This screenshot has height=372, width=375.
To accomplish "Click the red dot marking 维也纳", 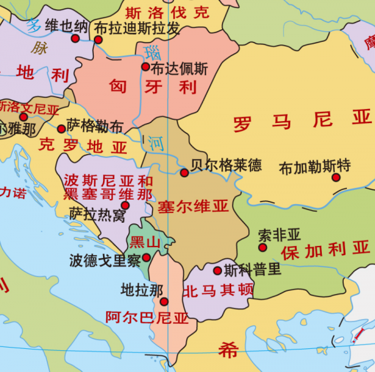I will point(76,39).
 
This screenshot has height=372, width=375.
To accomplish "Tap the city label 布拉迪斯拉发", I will point(136,29).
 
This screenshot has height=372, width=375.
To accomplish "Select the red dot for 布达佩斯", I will point(146,67).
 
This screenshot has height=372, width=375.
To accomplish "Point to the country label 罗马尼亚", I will point(302,120).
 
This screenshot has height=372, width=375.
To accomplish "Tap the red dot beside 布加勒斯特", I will point(336,177).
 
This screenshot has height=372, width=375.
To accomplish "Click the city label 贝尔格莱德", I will point(226,165).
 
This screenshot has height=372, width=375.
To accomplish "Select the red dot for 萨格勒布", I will point(61,129).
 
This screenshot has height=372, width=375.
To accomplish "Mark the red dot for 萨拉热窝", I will point(125,205).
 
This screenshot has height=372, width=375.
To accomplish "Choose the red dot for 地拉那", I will point(164,301).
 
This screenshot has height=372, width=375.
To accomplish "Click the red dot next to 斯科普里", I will point(217,271).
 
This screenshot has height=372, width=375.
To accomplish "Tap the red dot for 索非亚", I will point(262,248).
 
